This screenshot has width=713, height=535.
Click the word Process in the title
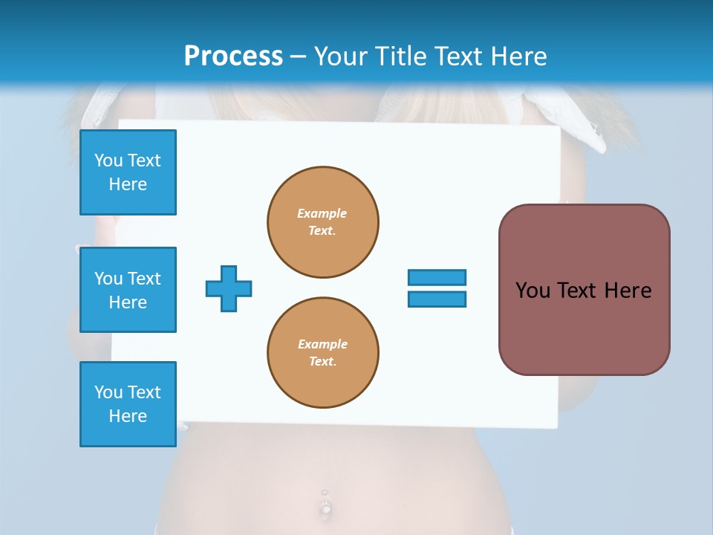pyautogui.click(x=233, y=56)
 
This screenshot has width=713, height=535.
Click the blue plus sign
pyautogui.click(x=229, y=288)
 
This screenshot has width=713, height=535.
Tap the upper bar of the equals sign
pyautogui.click(x=437, y=277)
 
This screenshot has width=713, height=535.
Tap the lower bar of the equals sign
pyautogui.click(x=437, y=299)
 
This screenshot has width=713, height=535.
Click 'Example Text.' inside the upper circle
pyautogui.click(x=322, y=221)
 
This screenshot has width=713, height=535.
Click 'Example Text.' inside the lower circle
pyautogui.click(x=322, y=352)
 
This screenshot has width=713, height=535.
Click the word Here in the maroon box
pyautogui.click(x=628, y=291)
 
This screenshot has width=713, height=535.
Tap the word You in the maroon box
pyautogui.click(x=532, y=291)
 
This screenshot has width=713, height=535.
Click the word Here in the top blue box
pyautogui.click(x=128, y=184)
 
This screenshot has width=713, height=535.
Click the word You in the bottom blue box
pyautogui.click(x=108, y=392)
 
